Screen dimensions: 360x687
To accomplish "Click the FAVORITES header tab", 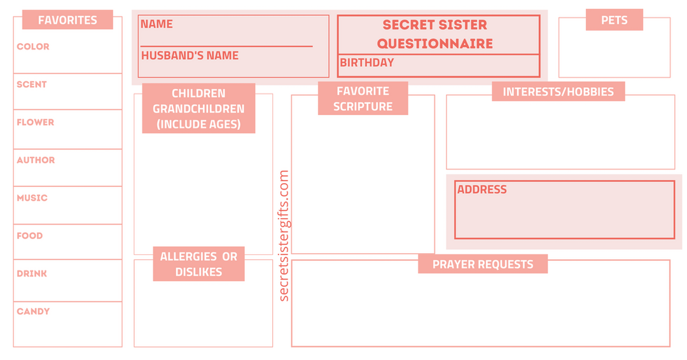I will point(67,20).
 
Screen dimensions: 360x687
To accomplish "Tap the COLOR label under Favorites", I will point(33,46).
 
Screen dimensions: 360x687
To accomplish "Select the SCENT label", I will point(32,84).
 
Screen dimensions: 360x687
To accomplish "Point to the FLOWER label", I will point(36,122).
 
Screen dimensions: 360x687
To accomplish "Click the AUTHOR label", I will point(36,160).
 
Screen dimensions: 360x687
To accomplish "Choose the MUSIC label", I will point(32,198).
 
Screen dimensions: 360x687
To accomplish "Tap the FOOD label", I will point(30,235).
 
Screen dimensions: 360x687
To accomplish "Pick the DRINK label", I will point(32,273).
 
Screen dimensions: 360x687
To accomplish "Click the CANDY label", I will point(33,311).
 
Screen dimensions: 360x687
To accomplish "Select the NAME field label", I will point(156,24).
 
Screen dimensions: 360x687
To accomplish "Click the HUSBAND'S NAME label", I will point(190,55).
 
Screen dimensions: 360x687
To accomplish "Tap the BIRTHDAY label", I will point(366,62).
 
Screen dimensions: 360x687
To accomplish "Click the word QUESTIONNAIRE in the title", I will point(434,43).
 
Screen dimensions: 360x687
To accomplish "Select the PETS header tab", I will point(614,20).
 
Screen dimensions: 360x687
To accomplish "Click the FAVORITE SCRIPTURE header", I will point(363,99).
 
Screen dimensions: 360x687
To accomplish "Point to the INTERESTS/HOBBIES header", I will point(558,92).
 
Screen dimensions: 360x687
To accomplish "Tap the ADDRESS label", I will point(482,189).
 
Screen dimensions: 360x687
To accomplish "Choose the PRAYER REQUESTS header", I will point(482,264).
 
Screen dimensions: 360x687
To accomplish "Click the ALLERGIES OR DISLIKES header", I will point(198,264).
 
